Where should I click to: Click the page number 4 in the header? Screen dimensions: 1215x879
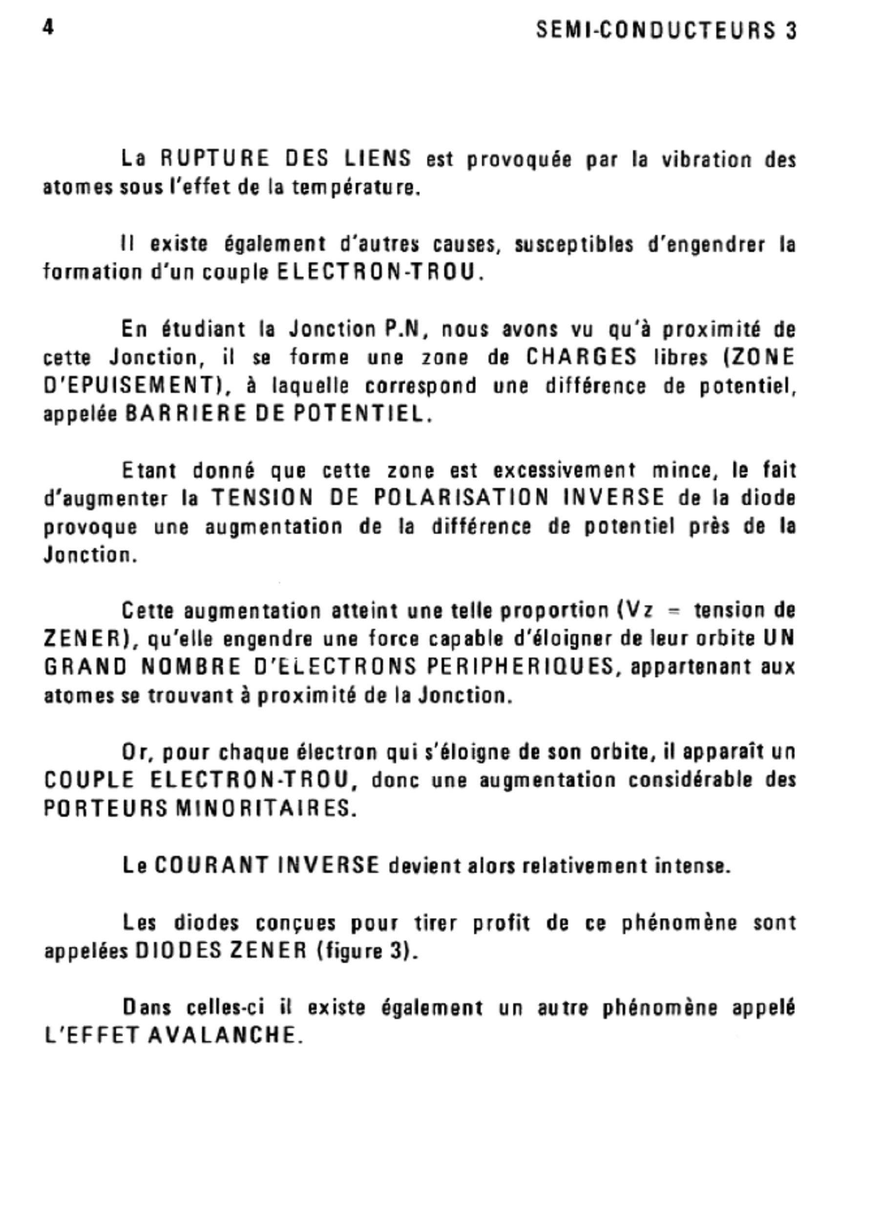48,28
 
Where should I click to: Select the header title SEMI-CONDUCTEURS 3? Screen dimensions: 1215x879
667,31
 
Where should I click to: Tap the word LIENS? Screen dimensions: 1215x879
377,159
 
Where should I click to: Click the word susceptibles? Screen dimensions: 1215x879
574,245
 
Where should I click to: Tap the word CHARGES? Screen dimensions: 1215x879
582,357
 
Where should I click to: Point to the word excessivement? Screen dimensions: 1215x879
565,470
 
